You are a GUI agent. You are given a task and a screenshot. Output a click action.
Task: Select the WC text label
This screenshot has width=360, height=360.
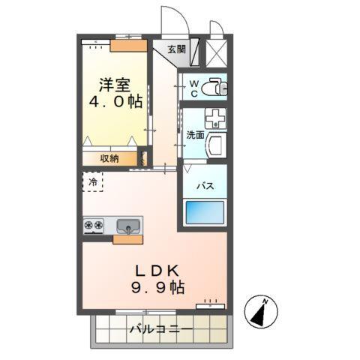[193, 88]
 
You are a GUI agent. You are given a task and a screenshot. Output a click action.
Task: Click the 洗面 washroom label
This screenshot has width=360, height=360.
[195, 136]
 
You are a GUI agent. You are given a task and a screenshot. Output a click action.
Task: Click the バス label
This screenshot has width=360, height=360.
[202, 184]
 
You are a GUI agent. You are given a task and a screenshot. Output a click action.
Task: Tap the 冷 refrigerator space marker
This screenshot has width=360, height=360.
[93, 181]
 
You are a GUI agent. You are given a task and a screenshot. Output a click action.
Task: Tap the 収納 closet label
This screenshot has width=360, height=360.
[109, 158]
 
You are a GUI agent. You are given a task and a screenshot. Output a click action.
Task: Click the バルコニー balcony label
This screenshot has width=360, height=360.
[160, 328]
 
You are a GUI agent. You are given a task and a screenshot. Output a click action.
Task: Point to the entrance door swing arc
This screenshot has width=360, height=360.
[172, 19]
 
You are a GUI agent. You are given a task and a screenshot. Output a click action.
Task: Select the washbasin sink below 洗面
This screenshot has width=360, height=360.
[216, 146]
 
